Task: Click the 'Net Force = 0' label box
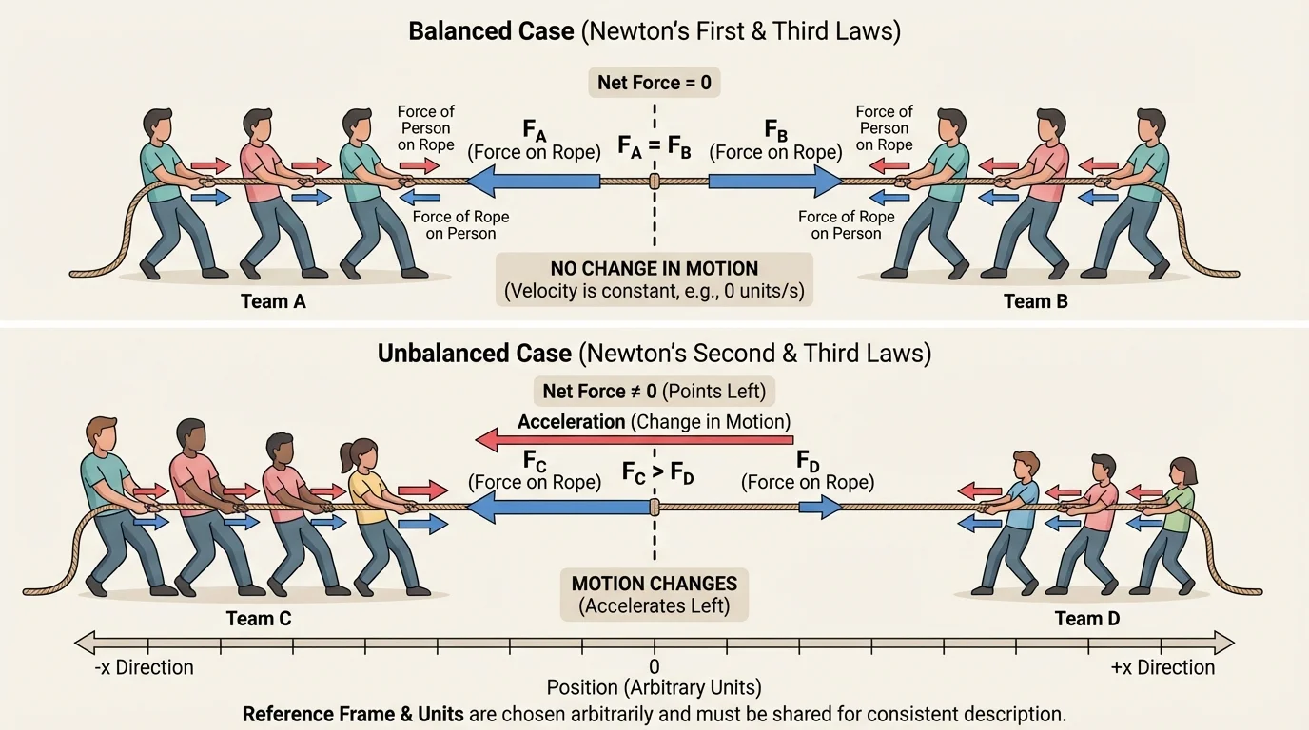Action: pyautogui.click(x=654, y=83)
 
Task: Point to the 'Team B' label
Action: pyautogui.click(x=1036, y=302)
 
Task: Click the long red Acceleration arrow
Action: pyautogui.click(x=634, y=439)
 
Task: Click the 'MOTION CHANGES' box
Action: pyautogui.click(x=653, y=593)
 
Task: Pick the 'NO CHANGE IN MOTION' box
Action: pyautogui.click(x=654, y=279)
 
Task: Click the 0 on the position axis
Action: pyautogui.click(x=654, y=666)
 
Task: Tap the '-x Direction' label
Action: pyautogui.click(x=145, y=667)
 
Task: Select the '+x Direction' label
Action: pyautogui.click(x=1162, y=667)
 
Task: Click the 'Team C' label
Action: pyautogui.click(x=258, y=619)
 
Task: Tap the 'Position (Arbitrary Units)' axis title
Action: pyautogui.click(x=654, y=687)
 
